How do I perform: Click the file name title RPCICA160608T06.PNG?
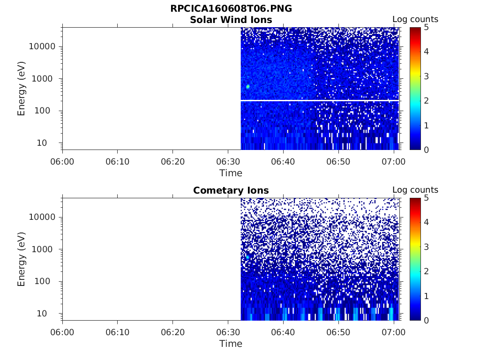tap(231, 9)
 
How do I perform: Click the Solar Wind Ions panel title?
tap(231, 20)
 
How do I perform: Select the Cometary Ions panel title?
tap(231, 190)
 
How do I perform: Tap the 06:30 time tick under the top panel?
tap(228, 162)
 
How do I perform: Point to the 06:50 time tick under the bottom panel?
tap(338, 332)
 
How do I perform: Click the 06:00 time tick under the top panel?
tap(62, 162)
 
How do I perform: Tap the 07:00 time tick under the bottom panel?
tap(394, 332)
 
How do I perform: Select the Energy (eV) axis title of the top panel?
tap(22, 89)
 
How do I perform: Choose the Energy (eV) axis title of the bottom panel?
tap(22, 259)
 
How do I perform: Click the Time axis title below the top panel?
tap(231, 173)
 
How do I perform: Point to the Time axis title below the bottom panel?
tap(231, 344)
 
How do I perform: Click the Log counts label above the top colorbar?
tap(415, 19)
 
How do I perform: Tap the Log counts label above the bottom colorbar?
tap(415, 190)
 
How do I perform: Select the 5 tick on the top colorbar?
tap(426, 27)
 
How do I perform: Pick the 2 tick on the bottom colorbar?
tap(426, 271)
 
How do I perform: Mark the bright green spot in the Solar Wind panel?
tap(247, 87)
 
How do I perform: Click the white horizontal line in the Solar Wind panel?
tap(319, 100)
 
